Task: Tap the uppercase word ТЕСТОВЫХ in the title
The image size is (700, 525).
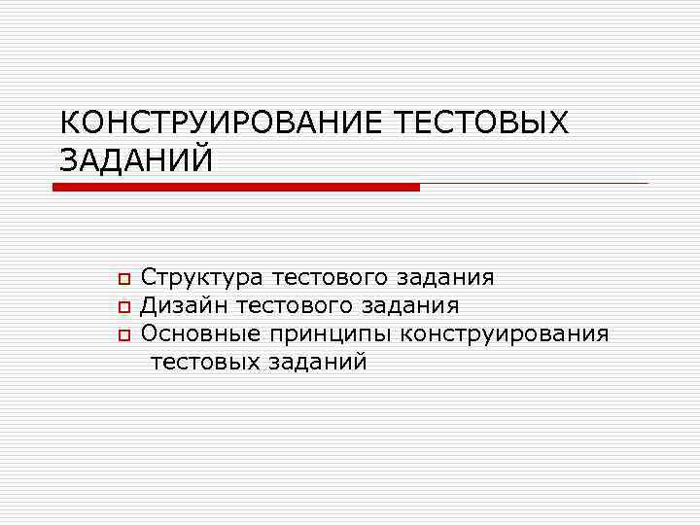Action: (x=483, y=124)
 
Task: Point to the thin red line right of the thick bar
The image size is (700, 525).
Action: (x=534, y=184)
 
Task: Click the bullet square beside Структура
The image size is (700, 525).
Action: (x=123, y=279)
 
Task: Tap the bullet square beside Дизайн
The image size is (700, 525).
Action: (x=123, y=307)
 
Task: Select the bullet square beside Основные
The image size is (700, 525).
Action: (x=123, y=335)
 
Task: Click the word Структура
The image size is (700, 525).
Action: (x=202, y=278)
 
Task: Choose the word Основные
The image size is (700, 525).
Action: (x=200, y=334)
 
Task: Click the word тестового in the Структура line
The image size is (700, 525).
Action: (x=333, y=278)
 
